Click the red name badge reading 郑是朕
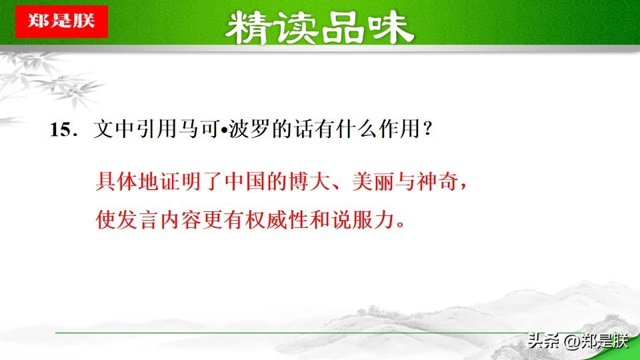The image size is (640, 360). click(x=61, y=21)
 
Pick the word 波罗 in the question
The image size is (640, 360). click(x=248, y=129)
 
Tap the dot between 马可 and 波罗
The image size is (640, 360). click(x=224, y=130)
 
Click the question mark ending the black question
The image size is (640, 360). click(x=427, y=129)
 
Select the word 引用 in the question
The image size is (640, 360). click(x=156, y=129)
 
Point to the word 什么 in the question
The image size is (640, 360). click(x=356, y=129)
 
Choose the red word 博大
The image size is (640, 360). click(x=309, y=181)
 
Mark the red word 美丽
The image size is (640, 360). click(x=373, y=181)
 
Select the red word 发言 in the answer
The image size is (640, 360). click(x=137, y=219)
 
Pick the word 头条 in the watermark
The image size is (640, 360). click(x=543, y=341)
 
